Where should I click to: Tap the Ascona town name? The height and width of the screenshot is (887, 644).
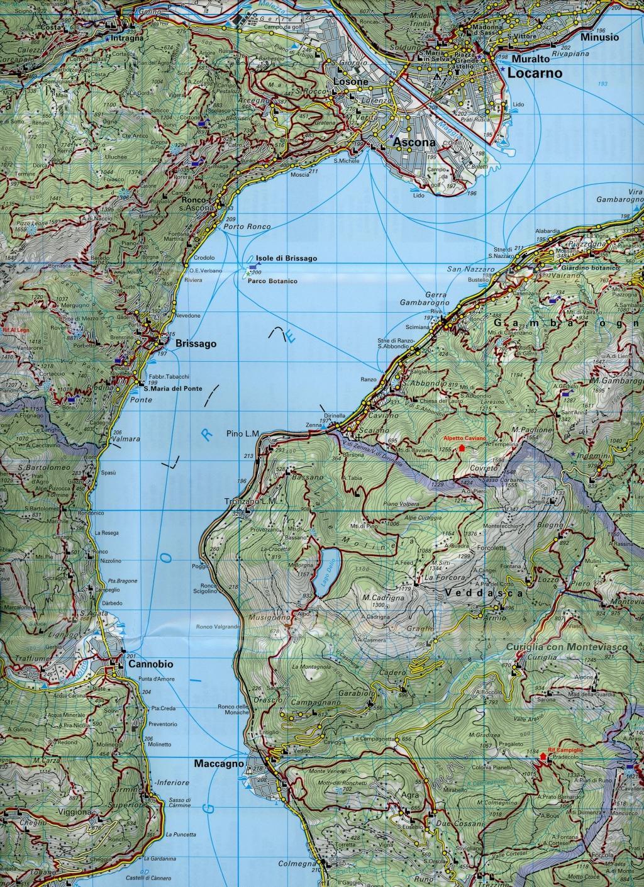click(414, 143)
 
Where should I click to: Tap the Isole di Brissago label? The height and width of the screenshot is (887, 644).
click(286, 259)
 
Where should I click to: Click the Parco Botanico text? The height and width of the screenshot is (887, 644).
click(272, 281)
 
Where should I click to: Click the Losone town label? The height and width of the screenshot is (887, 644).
click(350, 82)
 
